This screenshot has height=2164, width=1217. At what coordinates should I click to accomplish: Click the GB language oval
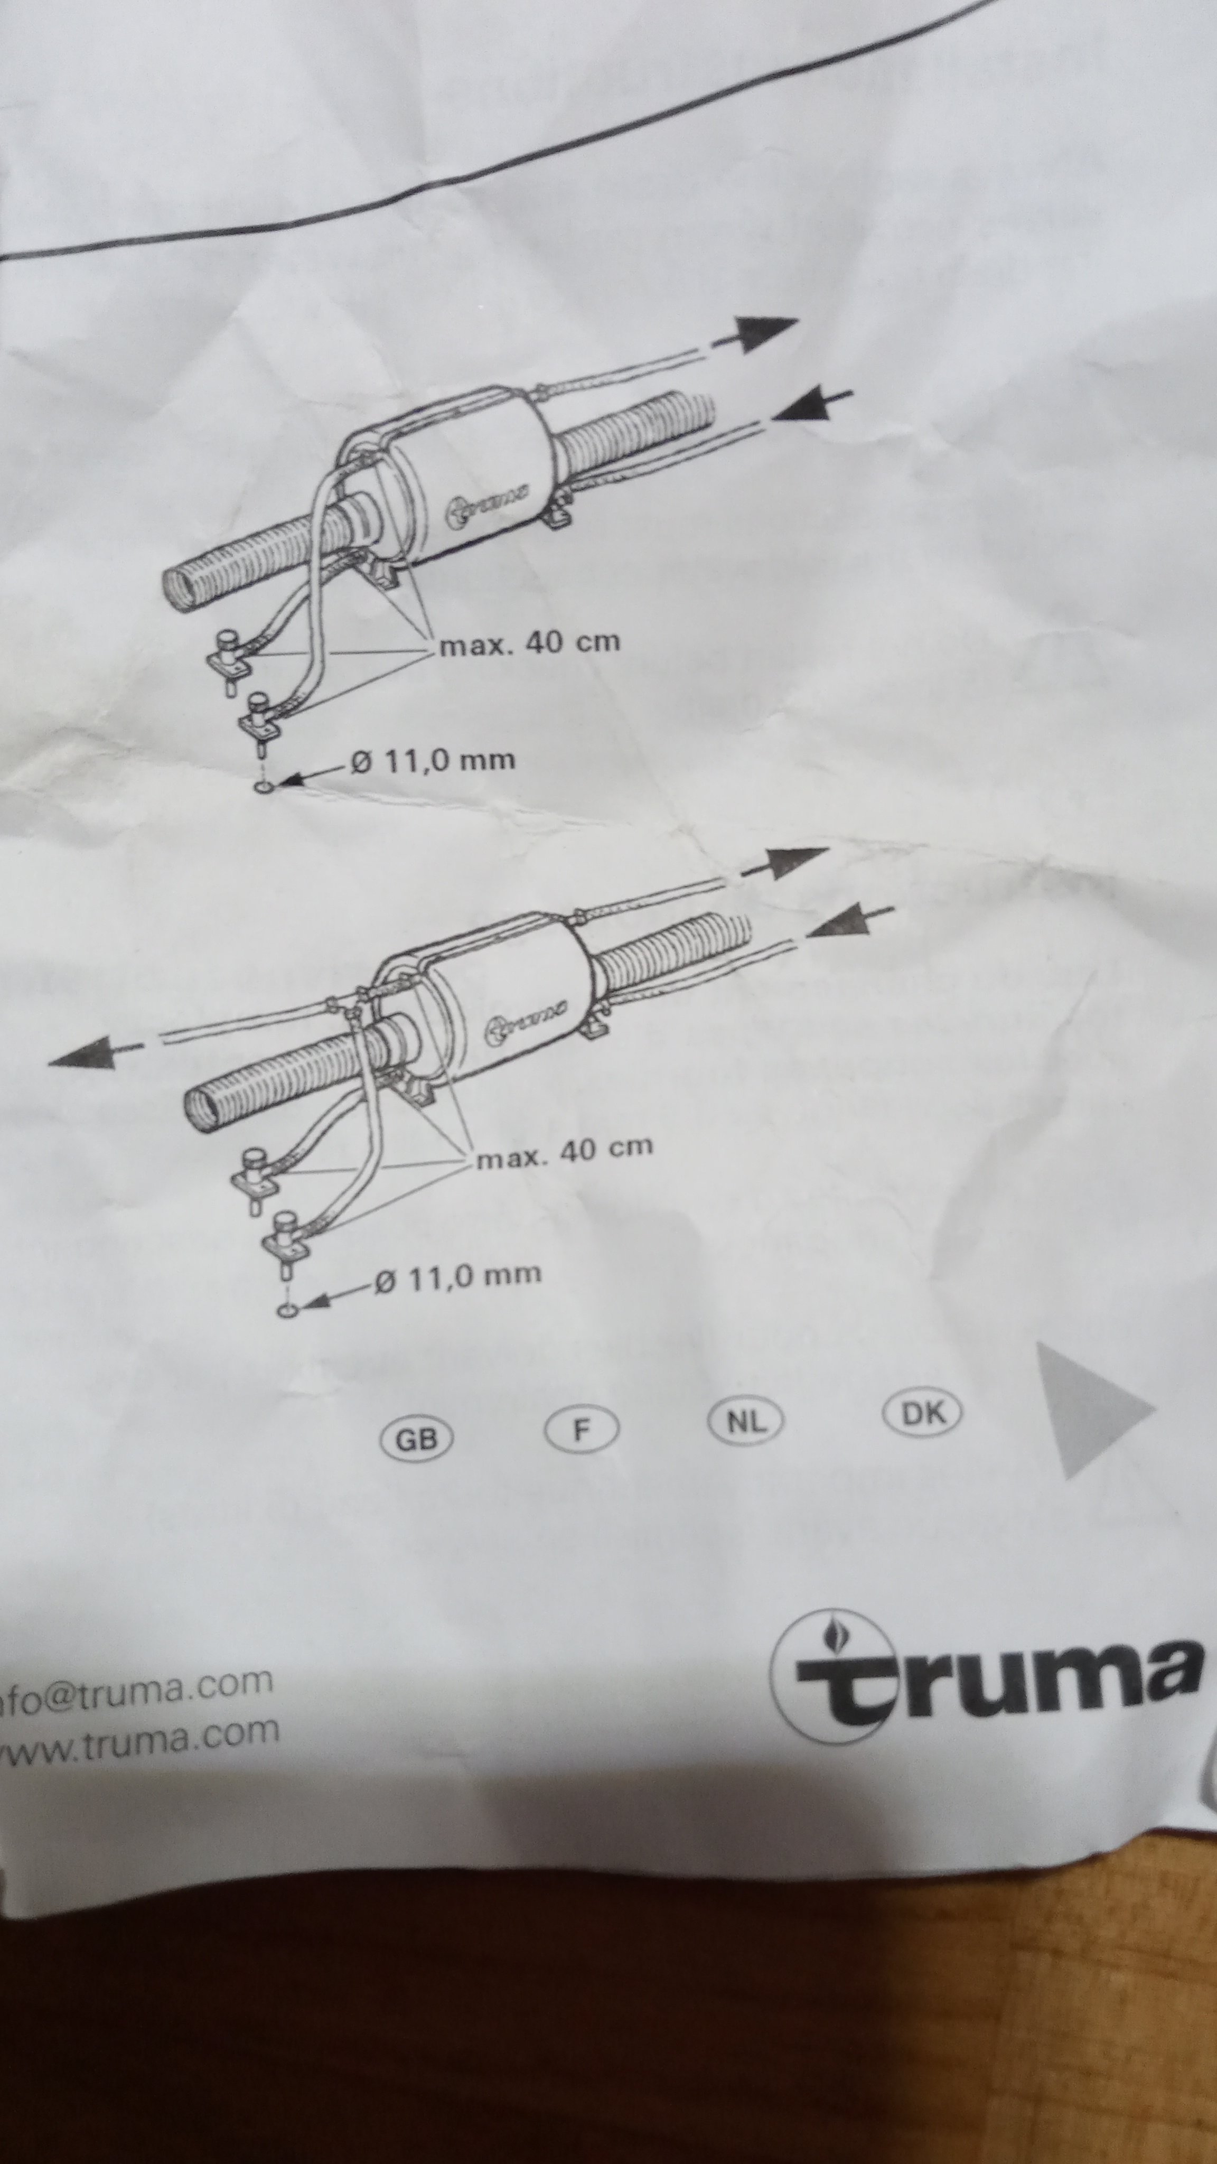pos(417,1440)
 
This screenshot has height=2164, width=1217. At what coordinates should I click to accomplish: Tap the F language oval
pos(581,1429)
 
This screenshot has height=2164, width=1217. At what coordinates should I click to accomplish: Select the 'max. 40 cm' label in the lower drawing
pos(565,1151)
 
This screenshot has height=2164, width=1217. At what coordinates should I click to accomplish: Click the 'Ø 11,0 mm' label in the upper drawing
pos(433,761)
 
